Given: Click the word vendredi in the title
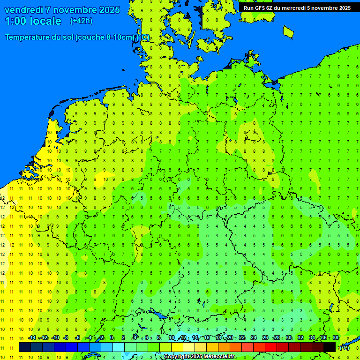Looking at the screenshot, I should click(24, 10).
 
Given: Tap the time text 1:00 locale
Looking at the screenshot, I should click(33, 21).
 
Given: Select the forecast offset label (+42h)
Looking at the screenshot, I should click(81, 21).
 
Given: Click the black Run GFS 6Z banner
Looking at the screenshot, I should click(297, 7).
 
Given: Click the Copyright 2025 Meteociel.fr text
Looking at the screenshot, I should click(199, 357).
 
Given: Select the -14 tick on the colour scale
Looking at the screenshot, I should click(31, 337).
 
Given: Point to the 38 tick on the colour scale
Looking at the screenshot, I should click(336, 337).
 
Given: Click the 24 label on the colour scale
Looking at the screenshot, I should click(253, 337).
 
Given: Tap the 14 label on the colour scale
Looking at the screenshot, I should click(195, 337).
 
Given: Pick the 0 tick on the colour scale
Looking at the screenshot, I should click(112, 337).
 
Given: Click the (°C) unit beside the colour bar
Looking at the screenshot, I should click(345, 348).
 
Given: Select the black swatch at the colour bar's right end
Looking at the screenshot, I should click(330, 347).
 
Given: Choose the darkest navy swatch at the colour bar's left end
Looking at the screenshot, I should click(25, 347).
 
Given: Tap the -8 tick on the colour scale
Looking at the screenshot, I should click(66, 337).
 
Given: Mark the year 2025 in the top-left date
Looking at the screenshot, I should click(108, 10).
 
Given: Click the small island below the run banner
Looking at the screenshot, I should click(288, 31).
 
